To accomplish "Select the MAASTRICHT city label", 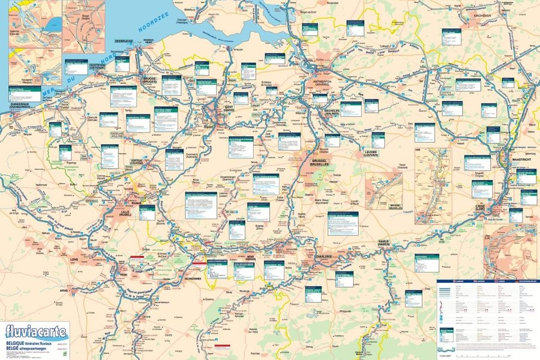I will coord(520,158).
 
